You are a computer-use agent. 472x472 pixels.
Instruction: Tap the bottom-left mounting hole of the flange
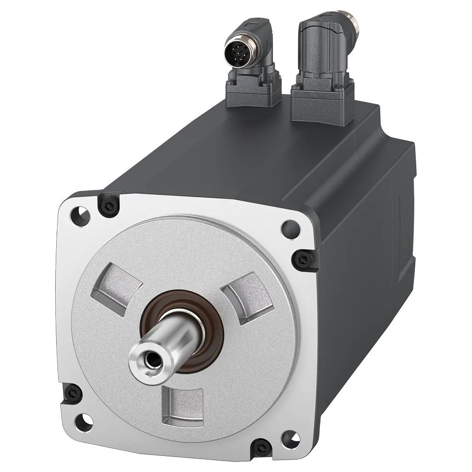tap(87, 419)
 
